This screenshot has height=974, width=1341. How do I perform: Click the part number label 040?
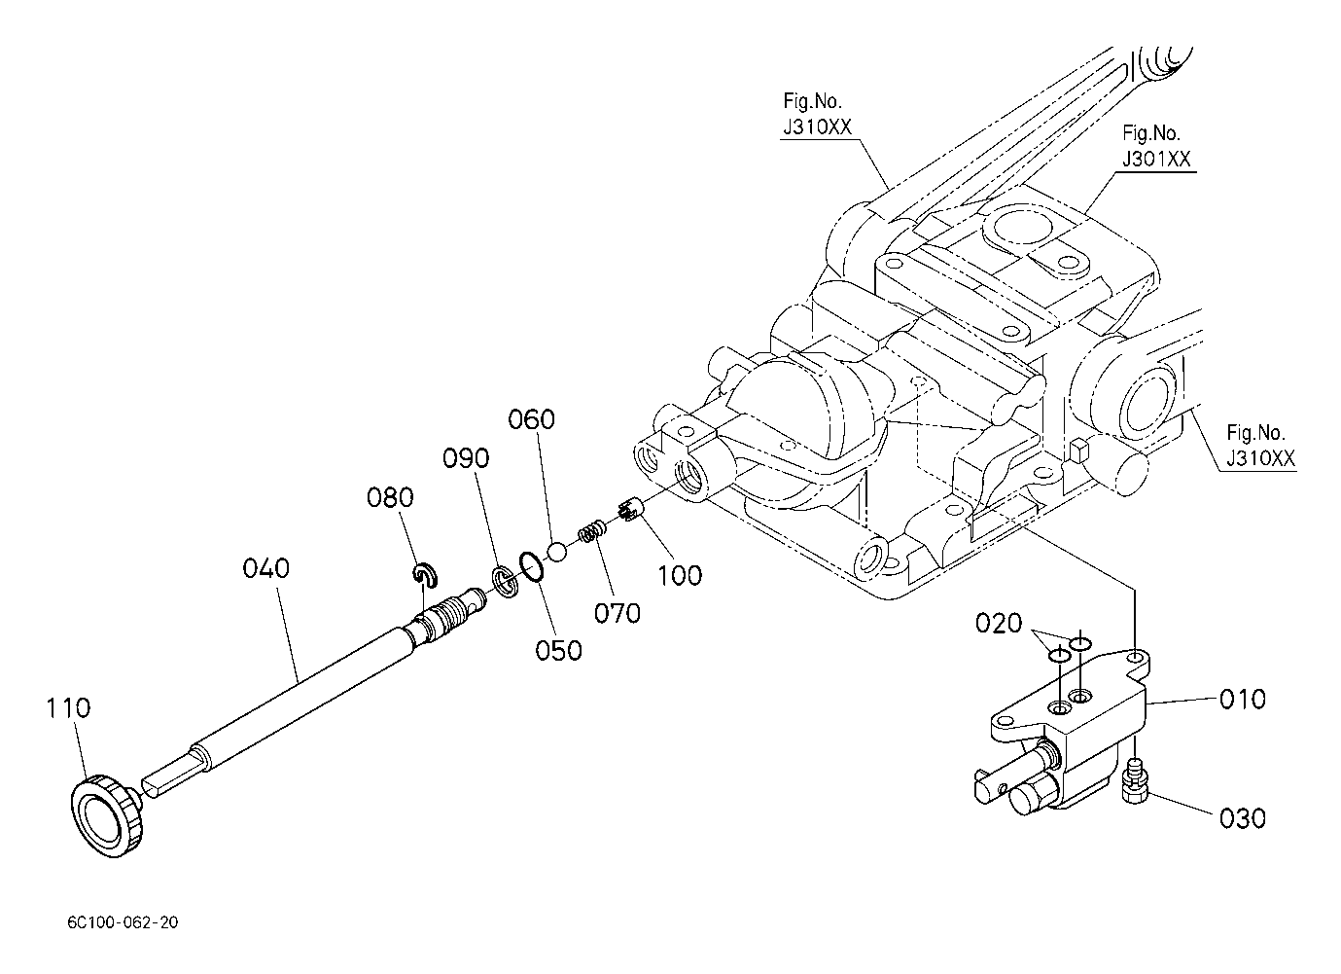click(266, 568)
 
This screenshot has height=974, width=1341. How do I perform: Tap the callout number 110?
click(68, 707)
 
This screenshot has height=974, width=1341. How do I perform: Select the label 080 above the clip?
click(390, 497)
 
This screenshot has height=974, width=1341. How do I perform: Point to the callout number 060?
click(532, 419)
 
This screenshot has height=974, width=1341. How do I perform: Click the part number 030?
click(1243, 818)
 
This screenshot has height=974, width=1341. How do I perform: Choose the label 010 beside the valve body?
click(1243, 699)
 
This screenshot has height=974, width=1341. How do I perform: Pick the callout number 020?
click(999, 623)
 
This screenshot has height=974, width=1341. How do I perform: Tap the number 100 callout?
click(680, 575)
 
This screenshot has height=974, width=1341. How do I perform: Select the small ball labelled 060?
click(556, 552)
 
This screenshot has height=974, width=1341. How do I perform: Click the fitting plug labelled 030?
click(1133, 783)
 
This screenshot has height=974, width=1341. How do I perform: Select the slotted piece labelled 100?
click(627, 510)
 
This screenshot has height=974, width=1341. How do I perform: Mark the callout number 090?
click(467, 457)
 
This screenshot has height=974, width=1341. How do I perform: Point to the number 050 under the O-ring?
click(559, 649)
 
